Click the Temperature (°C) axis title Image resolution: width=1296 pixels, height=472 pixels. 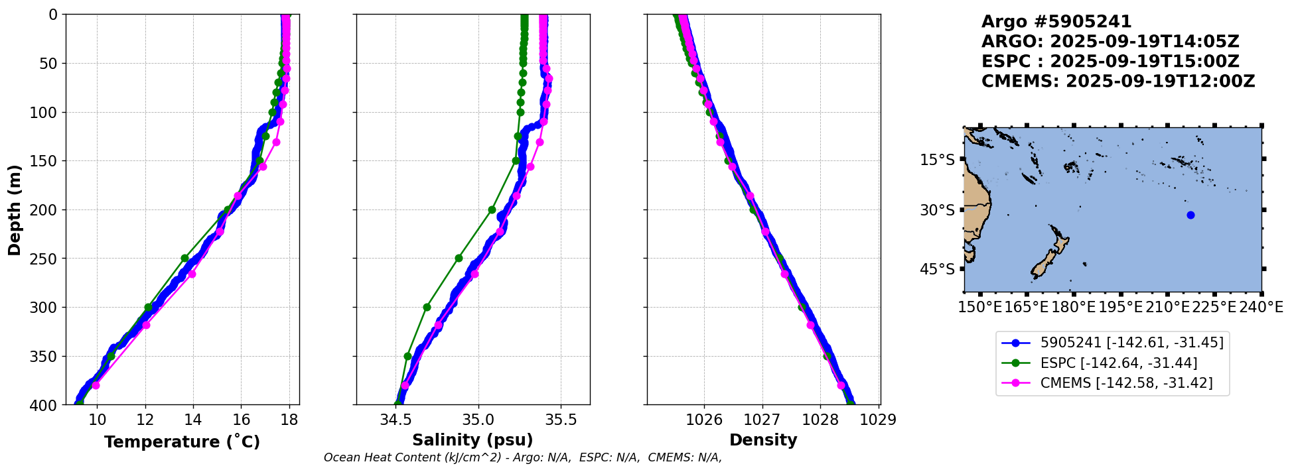pos(182,442)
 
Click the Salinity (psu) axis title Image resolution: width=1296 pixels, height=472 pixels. pos(472,440)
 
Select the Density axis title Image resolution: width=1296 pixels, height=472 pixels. pos(763,440)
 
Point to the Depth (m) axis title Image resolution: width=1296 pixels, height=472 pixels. pos(15,209)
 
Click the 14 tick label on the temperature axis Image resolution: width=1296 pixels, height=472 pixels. pos(193,420)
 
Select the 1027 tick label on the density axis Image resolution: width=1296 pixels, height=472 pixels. pos(762,420)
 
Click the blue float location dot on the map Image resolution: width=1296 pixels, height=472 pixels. pos(1190,215)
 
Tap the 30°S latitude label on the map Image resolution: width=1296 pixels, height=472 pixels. pos(937,210)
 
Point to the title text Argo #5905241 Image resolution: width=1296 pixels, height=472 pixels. pos(1056,22)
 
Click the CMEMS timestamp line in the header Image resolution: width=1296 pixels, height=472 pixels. pos(1117,82)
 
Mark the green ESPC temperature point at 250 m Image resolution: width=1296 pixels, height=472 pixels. pos(184,259)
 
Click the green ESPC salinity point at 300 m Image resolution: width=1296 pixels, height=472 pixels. pos(427,307)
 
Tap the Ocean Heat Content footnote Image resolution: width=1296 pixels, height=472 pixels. pos(522,457)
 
